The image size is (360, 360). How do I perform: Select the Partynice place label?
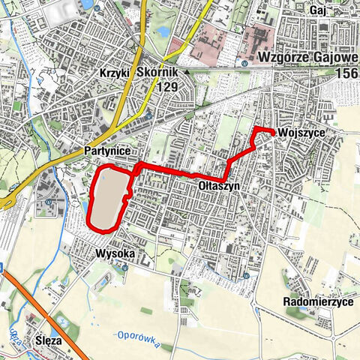[x=108, y=151]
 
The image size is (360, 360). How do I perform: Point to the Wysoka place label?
[x=115, y=253]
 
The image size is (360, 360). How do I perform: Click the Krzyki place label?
[x=116, y=73]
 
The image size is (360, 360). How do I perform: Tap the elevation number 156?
[x=346, y=73]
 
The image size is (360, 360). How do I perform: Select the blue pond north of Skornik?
[x=163, y=31]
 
